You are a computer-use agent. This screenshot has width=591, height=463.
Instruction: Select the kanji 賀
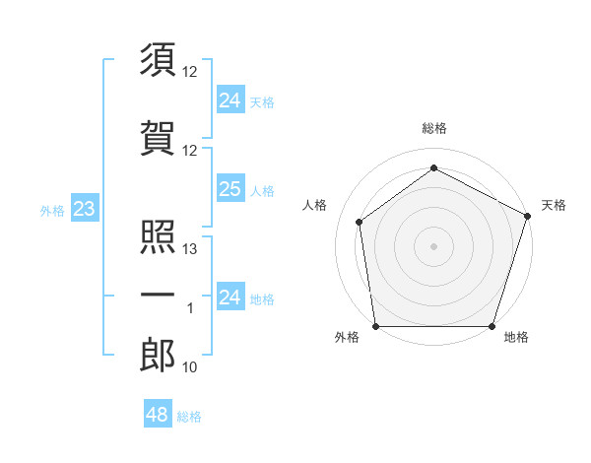tap(158, 137)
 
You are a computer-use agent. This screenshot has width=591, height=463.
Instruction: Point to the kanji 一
tap(158, 295)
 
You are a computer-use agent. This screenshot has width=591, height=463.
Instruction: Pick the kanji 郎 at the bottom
tap(158, 356)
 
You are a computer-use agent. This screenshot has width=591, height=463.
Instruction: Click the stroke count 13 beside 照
tap(191, 249)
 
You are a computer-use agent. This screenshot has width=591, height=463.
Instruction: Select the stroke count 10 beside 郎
tap(191, 367)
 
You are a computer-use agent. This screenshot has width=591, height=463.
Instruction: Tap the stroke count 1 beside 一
tap(191, 308)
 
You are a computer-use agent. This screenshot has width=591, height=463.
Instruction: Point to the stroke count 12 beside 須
tap(191, 72)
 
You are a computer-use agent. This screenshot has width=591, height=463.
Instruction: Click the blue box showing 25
tap(230, 189)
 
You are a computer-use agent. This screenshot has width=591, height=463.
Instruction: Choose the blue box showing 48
tap(157, 415)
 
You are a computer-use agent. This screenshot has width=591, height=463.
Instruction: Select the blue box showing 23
tap(84, 209)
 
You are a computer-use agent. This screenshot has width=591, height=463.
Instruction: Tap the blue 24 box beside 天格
tap(230, 99)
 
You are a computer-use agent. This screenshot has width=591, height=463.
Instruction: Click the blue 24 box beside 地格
tap(230, 298)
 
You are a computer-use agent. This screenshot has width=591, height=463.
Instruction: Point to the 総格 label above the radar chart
tap(433, 128)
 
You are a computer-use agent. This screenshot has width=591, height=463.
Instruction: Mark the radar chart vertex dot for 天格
tap(528, 217)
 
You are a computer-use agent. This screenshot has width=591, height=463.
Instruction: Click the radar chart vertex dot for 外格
tap(375, 326)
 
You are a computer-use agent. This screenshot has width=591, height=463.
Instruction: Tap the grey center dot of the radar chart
tap(433, 245)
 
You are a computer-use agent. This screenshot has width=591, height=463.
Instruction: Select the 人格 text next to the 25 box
tap(262, 190)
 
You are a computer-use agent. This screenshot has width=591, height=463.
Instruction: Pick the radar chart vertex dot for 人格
tap(360, 222)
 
